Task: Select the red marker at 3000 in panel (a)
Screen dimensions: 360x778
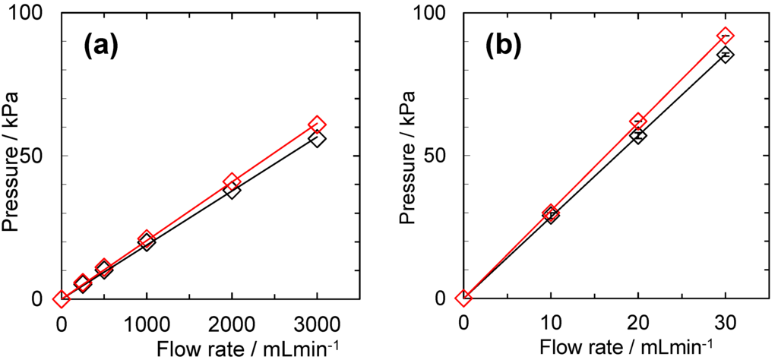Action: click(318, 125)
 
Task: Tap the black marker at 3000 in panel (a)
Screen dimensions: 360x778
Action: click(318, 139)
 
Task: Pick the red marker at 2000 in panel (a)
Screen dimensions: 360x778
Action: click(232, 182)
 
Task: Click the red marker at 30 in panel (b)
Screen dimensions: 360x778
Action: click(726, 36)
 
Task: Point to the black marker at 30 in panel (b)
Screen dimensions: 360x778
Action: click(726, 55)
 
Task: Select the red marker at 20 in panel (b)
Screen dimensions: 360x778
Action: click(638, 122)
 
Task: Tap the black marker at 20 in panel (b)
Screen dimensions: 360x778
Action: click(638, 136)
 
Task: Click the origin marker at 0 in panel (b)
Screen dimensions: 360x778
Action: click(463, 298)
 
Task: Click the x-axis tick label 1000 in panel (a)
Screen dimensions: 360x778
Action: click(147, 322)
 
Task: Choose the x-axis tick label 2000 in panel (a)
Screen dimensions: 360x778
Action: click(232, 322)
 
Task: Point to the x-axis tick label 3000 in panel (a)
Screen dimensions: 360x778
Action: click(318, 322)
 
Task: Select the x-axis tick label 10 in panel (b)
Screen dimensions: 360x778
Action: click(551, 322)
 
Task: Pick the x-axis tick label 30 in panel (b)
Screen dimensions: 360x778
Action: click(726, 322)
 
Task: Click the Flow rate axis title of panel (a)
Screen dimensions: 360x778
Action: click(242, 347)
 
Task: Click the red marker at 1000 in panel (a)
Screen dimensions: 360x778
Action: click(147, 239)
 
